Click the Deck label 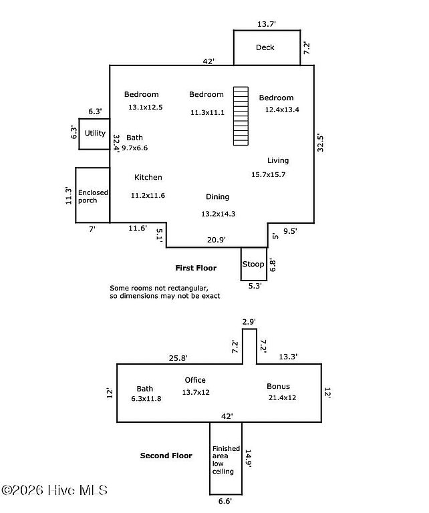click(x=265, y=47)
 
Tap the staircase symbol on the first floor click(x=241, y=116)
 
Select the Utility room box click(x=94, y=134)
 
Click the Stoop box click(x=254, y=264)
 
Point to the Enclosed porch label click(x=93, y=196)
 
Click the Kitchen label click(x=148, y=177)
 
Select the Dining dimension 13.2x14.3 click(x=219, y=214)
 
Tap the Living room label click(x=278, y=160)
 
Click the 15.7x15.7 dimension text click(x=269, y=175)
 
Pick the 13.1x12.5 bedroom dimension click(x=145, y=108)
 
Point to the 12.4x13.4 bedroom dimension click(x=282, y=110)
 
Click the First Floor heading click(x=196, y=268)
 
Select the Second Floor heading click(x=166, y=456)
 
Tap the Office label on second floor click(x=195, y=380)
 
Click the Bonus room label click(x=278, y=386)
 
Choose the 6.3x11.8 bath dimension click(x=146, y=399)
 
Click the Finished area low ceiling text click(x=226, y=460)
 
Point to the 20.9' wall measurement click(x=217, y=240)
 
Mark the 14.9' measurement click(x=248, y=459)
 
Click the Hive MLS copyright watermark click(x=54, y=490)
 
